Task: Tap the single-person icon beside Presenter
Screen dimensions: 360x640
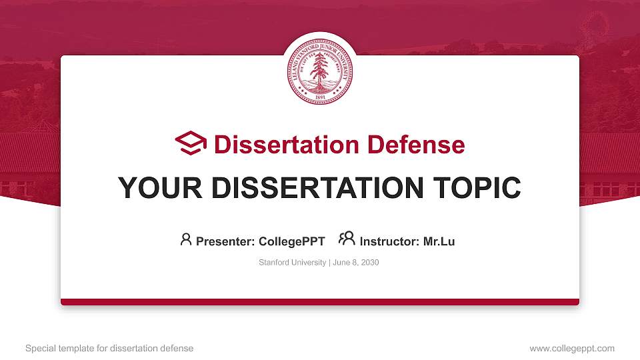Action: pyautogui.click(x=186, y=240)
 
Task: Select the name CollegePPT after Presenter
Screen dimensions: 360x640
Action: pyautogui.click(x=291, y=241)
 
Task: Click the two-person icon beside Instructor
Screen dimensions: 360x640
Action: pyautogui.click(x=347, y=239)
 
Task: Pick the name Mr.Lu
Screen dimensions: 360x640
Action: pyautogui.click(x=439, y=241)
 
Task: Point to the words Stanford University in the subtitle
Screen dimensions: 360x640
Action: pyautogui.click(x=292, y=263)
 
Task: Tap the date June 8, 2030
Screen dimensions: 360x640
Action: pyautogui.click(x=355, y=263)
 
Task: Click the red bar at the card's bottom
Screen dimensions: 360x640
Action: pyautogui.click(x=320, y=302)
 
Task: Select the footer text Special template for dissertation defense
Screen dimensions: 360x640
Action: pyautogui.click(x=109, y=349)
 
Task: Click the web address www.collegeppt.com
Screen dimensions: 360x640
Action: pyautogui.click(x=572, y=349)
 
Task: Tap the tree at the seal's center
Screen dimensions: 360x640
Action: pyautogui.click(x=320, y=69)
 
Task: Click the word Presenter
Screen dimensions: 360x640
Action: pyautogui.click(x=220, y=241)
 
